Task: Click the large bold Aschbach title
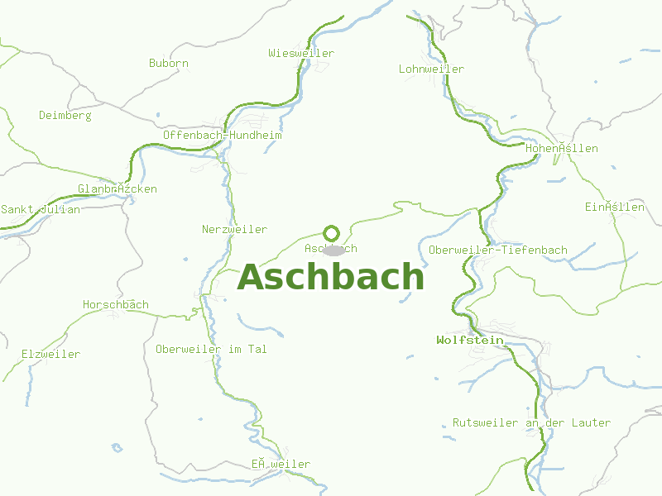(331, 278)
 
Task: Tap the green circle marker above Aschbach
(331, 233)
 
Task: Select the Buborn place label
(169, 63)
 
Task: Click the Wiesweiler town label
(301, 54)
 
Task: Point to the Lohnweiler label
(431, 69)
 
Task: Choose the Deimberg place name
(65, 116)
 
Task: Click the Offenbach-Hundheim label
(223, 135)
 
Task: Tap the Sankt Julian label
(41, 210)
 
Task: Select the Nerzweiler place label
(234, 229)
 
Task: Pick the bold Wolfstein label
(470, 340)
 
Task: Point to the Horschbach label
(116, 305)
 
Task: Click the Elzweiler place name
(51, 355)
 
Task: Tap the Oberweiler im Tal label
(211, 350)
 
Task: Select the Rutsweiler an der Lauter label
(531, 423)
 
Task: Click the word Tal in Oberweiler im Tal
(257, 350)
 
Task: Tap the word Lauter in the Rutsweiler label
(591, 423)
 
